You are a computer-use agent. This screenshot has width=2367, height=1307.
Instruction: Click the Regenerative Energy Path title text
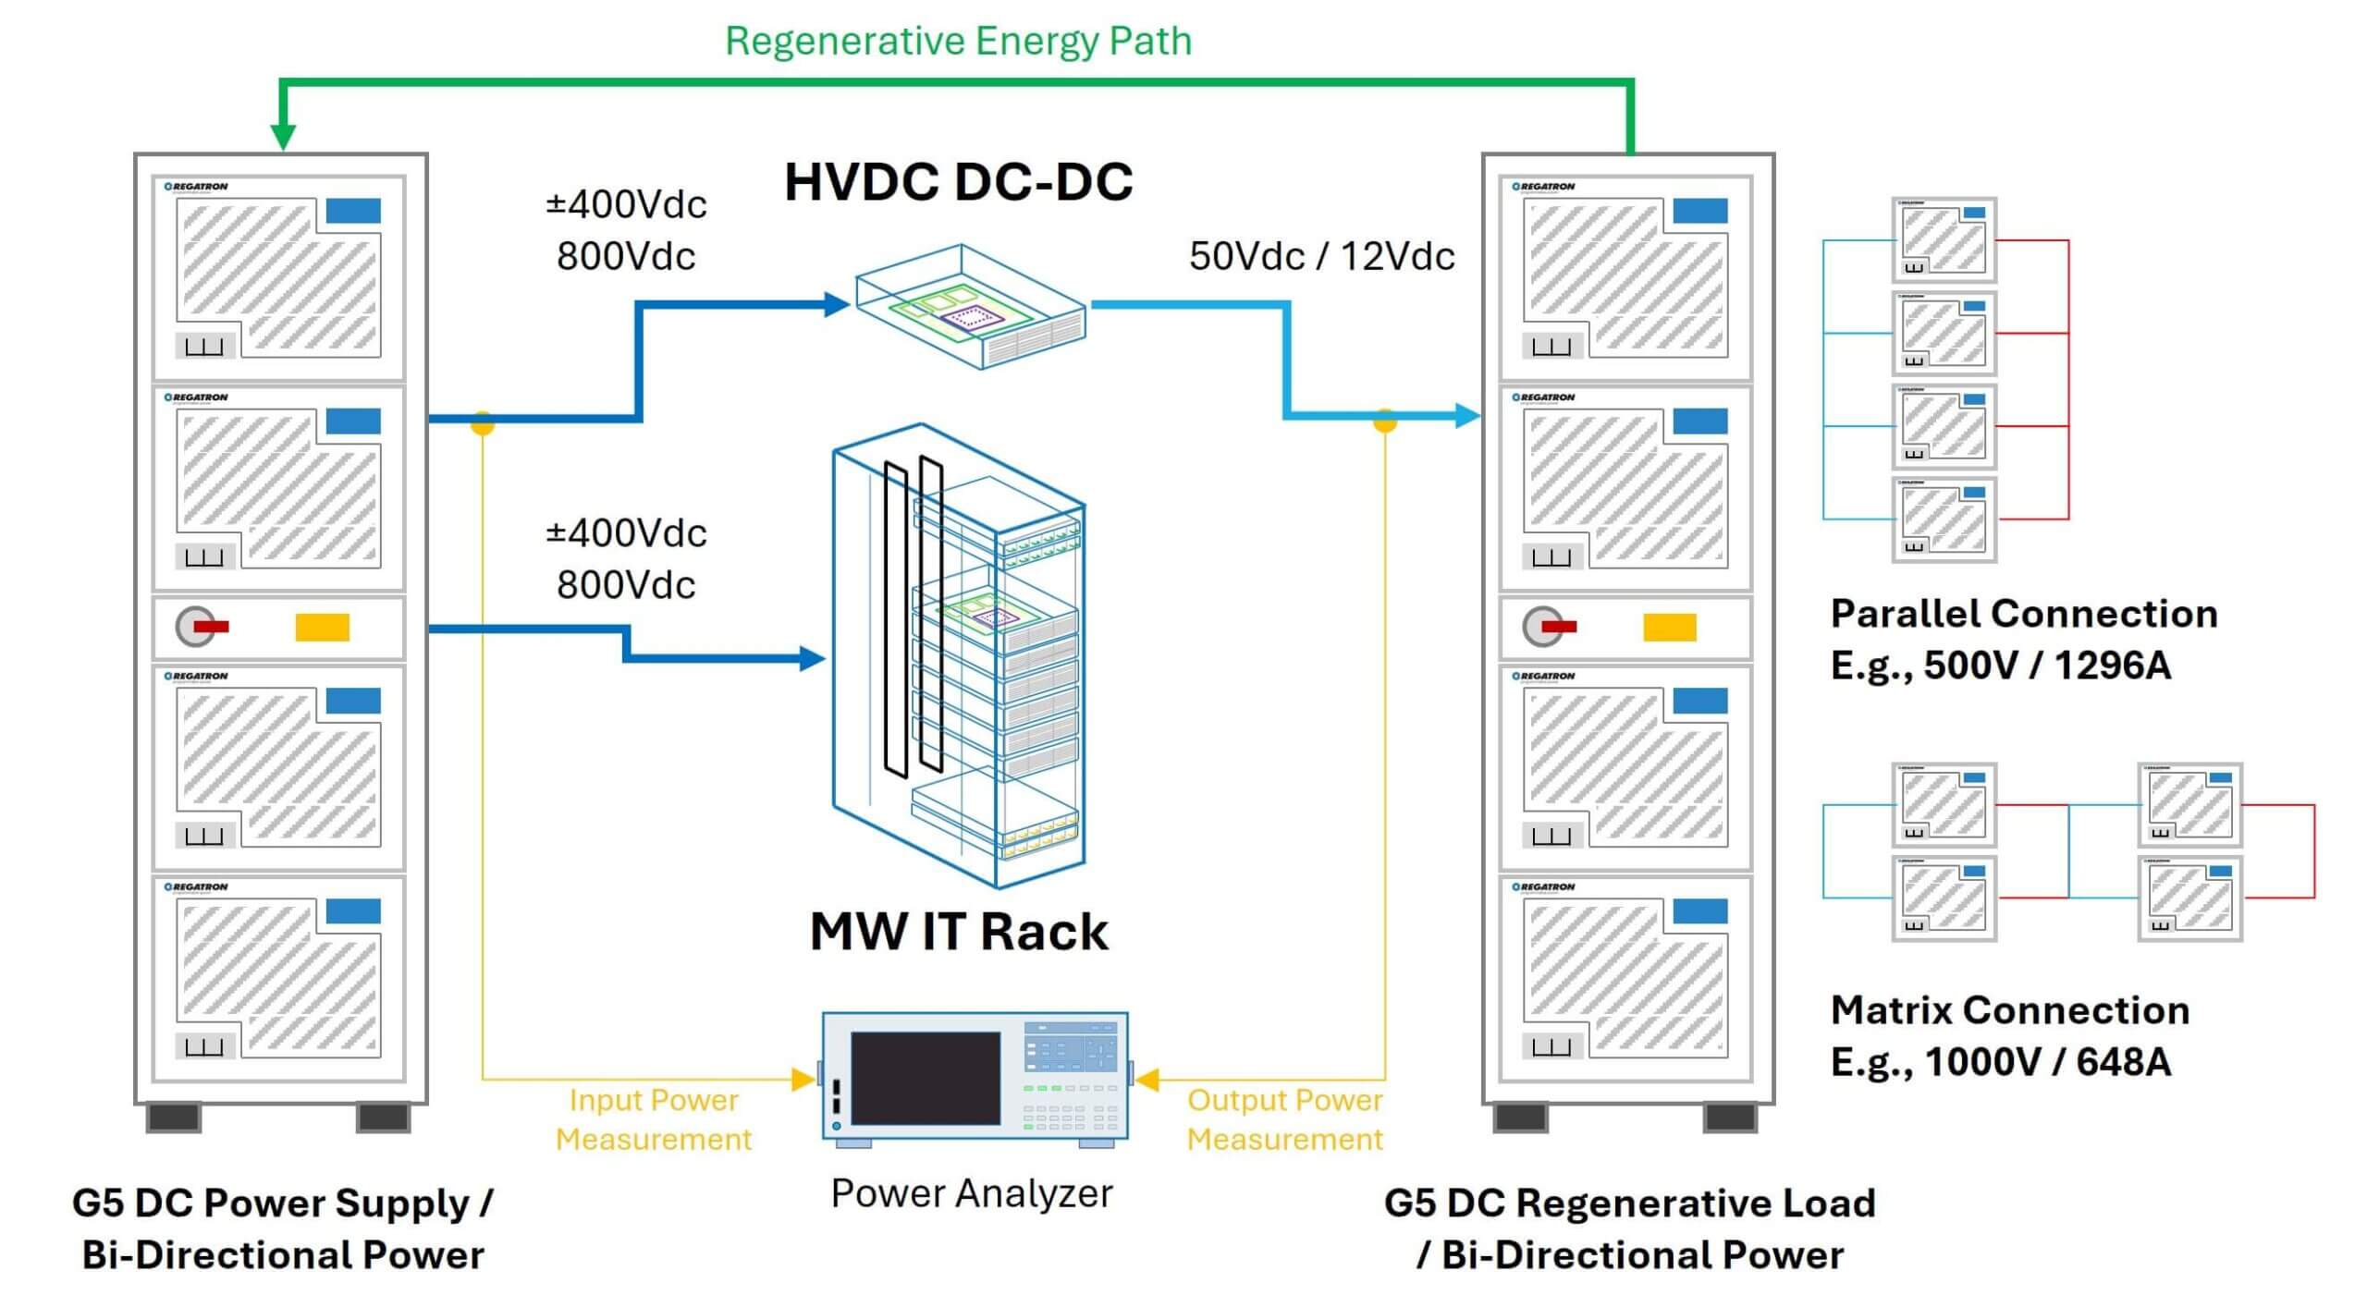coord(958,42)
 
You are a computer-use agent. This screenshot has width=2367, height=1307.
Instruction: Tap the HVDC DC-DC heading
coord(958,181)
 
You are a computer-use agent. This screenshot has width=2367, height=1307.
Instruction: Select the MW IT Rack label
coord(958,931)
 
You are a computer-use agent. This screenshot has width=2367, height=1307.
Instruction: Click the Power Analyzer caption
coord(971,1193)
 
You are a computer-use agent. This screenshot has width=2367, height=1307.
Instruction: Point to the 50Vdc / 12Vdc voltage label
coord(1321,256)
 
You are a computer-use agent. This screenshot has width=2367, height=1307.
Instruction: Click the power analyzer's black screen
coord(926,1078)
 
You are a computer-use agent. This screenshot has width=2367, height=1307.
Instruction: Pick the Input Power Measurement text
coord(654,1119)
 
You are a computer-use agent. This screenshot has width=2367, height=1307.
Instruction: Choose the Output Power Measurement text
coord(1284,1119)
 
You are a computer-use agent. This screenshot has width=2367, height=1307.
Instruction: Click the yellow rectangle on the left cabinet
coord(322,628)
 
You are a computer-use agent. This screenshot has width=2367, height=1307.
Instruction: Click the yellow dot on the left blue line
coord(483,422)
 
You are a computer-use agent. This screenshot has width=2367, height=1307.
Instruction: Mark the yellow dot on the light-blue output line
coord(1384,421)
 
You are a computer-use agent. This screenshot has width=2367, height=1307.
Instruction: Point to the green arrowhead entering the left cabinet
coord(283,137)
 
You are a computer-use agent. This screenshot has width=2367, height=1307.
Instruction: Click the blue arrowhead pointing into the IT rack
coord(811,658)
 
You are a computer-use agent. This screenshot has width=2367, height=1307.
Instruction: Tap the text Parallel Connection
coord(2023,614)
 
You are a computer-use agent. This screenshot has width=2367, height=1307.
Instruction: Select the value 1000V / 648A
coord(2047,1062)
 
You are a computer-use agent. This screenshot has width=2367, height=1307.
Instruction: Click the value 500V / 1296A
coord(2046,666)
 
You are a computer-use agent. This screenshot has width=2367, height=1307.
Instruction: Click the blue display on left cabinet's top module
coord(353,211)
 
